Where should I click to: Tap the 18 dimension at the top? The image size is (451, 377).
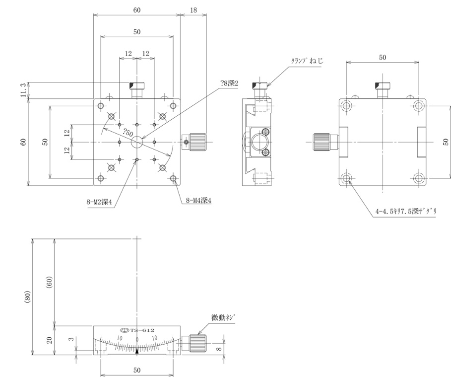tap(193, 9)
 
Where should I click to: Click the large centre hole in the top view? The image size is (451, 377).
tap(137, 142)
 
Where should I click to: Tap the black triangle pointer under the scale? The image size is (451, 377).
tap(137, 351)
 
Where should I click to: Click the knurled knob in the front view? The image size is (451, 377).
tap(197, 342)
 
